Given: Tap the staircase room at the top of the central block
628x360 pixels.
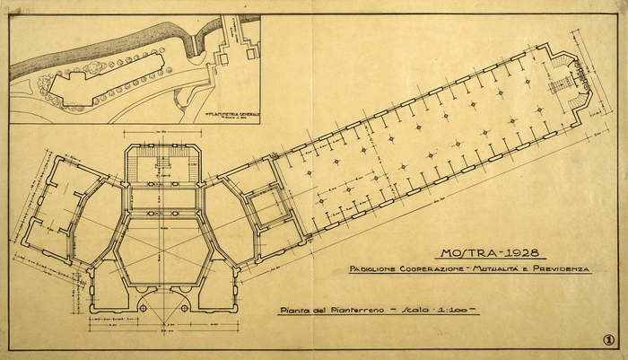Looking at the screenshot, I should (x=161, y=166).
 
